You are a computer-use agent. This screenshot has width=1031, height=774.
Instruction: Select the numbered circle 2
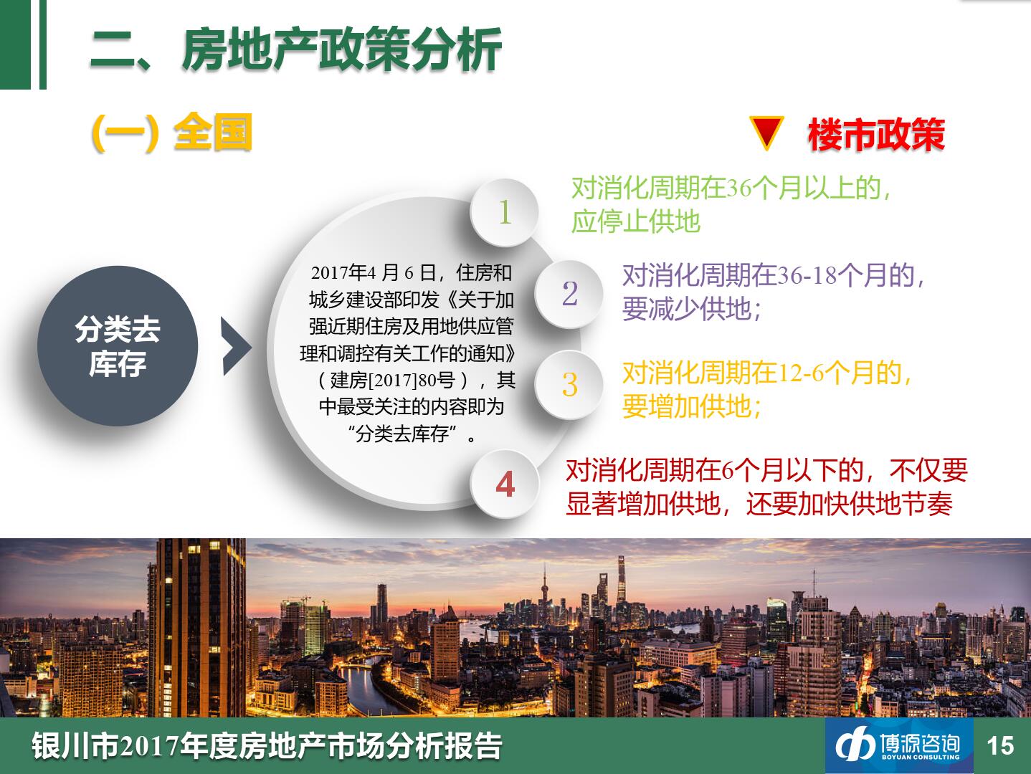[569, 294]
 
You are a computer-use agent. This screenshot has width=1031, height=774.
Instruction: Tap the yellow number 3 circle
[569, 384]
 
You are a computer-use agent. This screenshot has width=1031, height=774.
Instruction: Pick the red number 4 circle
[505, 484]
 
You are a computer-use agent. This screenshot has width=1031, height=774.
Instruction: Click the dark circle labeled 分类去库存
[118, 346]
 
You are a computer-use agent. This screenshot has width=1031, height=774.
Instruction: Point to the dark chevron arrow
[237, 346]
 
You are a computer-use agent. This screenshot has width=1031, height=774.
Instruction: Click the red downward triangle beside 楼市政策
[766, 133]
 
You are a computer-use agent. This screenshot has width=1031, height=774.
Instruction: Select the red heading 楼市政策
[876, 135]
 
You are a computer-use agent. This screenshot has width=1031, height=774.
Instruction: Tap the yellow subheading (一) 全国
[172, 133]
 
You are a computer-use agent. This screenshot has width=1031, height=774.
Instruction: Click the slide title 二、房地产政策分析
[296, 49]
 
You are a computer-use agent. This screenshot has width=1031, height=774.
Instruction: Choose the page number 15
[1000, 746]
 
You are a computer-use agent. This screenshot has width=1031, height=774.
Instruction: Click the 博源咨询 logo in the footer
[898, 745]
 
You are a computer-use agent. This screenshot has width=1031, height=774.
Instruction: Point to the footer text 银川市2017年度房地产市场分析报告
[267, 745]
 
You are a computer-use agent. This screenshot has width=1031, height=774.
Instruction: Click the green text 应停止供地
[635, 221]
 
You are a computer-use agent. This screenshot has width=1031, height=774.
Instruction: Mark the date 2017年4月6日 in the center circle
[373, 272]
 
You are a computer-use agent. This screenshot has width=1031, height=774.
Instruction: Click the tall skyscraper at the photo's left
[197, 627]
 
